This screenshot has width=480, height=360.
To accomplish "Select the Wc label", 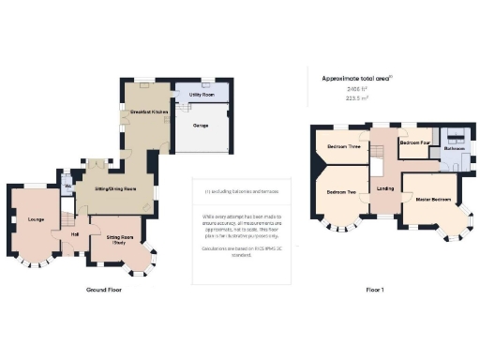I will pyautogui.click(x=67, y=186).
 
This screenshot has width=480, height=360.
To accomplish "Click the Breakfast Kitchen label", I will pyautogui.click(x=142, y=112).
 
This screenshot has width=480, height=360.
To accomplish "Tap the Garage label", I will pyautogui.click(x=201, y=123).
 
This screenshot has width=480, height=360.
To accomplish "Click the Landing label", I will pyautogui.click(x=385, y=188).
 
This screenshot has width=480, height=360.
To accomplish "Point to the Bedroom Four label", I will pyautogui.click(x=414, y=142).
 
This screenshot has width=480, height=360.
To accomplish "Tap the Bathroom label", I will pyautogui.click(x=455, y=148).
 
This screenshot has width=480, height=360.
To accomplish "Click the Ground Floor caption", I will pyautogui.click(x=104, y=290).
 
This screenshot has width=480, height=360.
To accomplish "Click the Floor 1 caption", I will pyautogui.click(x=375, y=290).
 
